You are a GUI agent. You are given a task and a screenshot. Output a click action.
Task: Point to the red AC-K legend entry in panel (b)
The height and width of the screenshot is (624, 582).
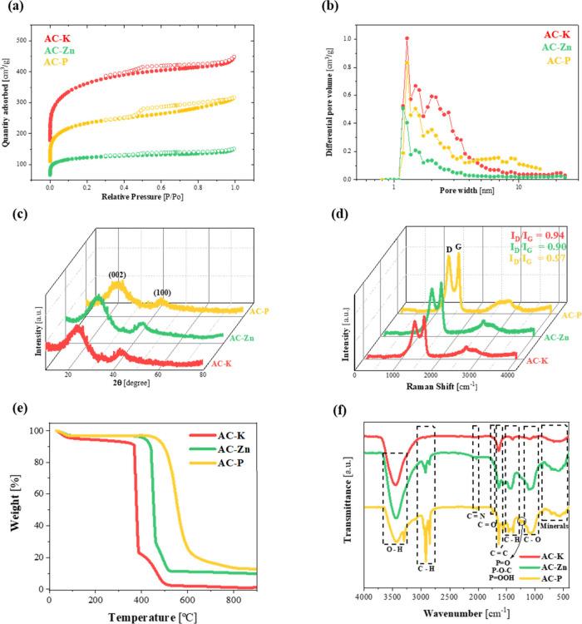556,34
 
